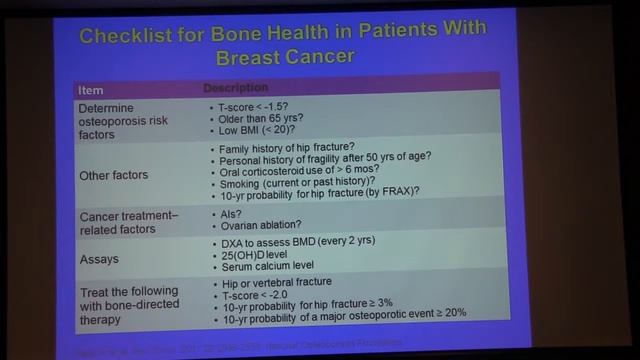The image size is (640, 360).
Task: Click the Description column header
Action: [x=236, y=87]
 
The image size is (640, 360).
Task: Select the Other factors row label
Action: [x=113, y=175]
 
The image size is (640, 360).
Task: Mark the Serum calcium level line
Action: [x=264, y=270]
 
